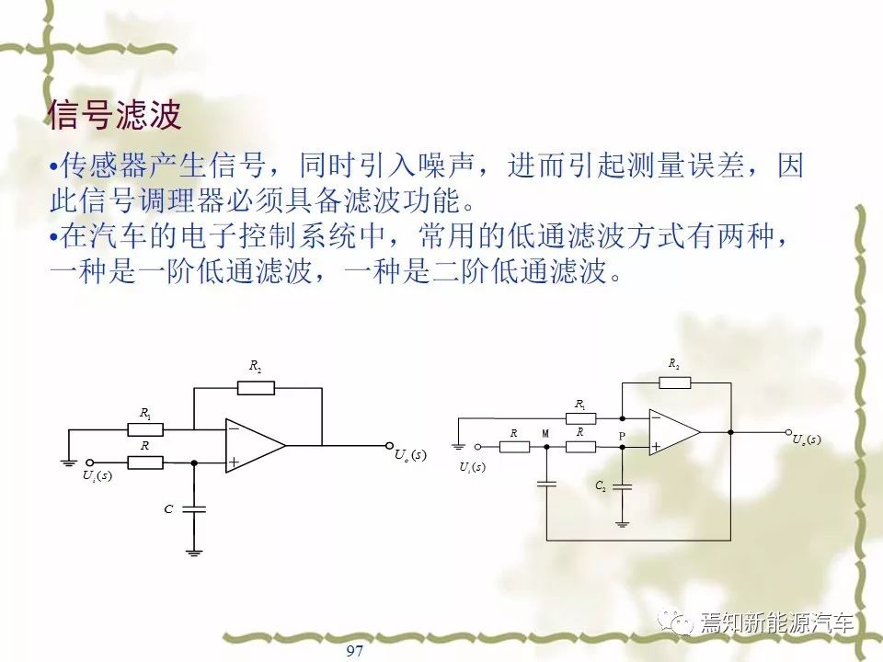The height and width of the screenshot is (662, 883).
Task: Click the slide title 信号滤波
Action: click(x=115, y=115)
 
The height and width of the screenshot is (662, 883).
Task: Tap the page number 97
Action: click(x=355, y=651)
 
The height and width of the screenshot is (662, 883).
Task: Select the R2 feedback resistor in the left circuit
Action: click(x=256, y=388)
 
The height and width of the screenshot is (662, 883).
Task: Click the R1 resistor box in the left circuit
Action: click(x=145, y=429)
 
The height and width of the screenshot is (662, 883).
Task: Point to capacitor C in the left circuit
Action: click(x=194, y=509)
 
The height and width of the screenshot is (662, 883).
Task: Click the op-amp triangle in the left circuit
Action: click(x=255, y=445)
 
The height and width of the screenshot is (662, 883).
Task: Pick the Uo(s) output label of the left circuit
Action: click(x=410, y=455)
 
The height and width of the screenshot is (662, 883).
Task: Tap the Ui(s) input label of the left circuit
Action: click(x=97, y=475)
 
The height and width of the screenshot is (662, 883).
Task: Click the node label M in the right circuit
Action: click(x=545, y=433)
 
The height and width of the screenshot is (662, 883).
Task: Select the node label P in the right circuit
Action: click(x=622, y=436)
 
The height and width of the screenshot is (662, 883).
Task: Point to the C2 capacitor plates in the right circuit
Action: click(x=623, y=486)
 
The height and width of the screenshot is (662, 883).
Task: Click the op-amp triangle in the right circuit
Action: click(x=674, y=432)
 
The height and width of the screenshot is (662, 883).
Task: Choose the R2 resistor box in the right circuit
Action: click(x=674, y=382)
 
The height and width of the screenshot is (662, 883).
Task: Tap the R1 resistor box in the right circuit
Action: click(x=580, y=418)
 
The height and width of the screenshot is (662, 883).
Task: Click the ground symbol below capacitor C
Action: click(x=194, y=553)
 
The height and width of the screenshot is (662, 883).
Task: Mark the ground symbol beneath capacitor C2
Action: click(x=623, y=525)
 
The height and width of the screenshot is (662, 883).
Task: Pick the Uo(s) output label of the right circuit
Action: click(x=807, y=439)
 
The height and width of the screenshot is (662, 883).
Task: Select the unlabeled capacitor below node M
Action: click(x=546, y=483)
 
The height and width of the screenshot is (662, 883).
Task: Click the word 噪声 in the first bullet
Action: click(x=447, y=165)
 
